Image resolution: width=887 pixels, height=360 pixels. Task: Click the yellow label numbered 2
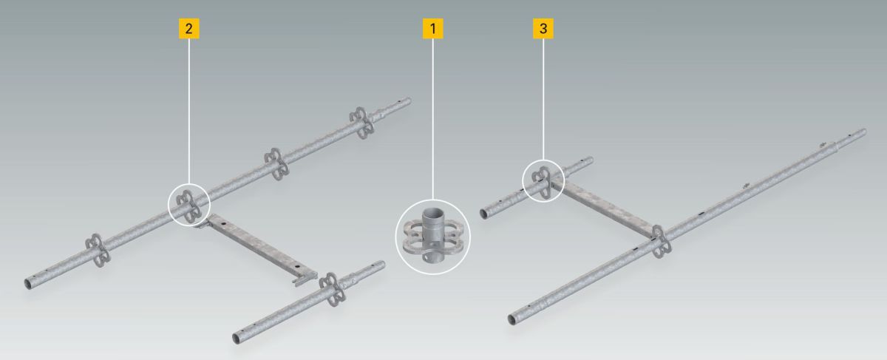pos(188,29)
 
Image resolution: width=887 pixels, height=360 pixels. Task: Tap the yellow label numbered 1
pos(433,29)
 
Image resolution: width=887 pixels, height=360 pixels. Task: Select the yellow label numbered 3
pos(543,29)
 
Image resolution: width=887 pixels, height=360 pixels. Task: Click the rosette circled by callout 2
pos(189,206)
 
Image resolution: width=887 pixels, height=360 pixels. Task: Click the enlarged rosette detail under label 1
pos(432,237)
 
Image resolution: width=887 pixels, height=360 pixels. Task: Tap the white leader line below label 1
pos(433,119)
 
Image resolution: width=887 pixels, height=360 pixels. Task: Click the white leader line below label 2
pos(188,112)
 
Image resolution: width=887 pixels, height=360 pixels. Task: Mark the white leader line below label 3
pos(543,99)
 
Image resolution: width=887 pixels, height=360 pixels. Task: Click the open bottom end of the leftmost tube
pos(29,284)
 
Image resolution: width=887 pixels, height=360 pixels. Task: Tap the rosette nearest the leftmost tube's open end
pos(97,251)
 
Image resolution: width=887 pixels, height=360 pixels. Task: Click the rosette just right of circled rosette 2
pos(276,165)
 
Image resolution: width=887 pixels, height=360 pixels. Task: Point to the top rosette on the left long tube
pos(361,123)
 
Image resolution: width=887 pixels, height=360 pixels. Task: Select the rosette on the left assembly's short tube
pos(332,290)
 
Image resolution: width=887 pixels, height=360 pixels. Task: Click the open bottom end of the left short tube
pos(237,339)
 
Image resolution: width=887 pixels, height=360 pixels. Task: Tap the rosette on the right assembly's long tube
pos(661,242)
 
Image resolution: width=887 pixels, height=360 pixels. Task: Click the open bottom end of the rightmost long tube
pos(512,319)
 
